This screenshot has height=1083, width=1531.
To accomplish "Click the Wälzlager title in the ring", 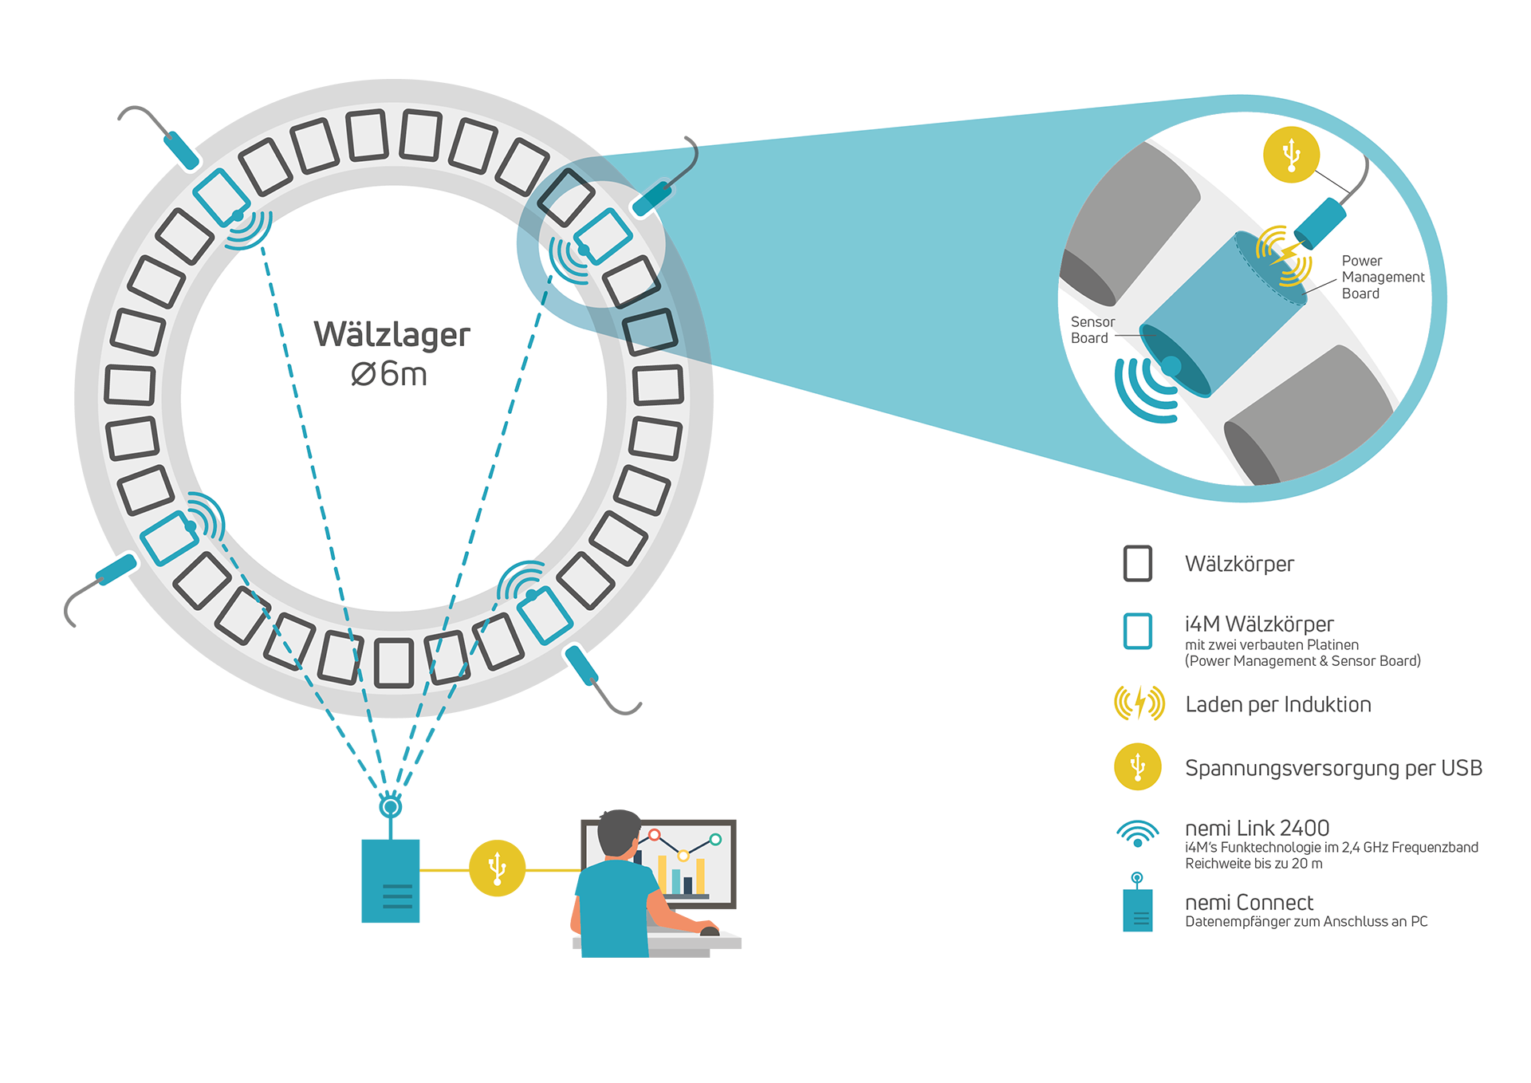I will coord(392,335).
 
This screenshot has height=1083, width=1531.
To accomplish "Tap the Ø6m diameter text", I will coord(389,374).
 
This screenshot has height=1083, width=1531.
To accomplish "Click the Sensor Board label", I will coord(1092,330).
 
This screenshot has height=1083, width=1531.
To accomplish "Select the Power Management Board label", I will coord(1382,277).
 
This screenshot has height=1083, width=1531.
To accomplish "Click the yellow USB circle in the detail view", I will coord(1291,155).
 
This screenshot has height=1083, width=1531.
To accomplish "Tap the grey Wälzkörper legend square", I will coord(1137,564).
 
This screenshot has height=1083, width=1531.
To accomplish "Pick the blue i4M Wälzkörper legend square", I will coord(1137,631).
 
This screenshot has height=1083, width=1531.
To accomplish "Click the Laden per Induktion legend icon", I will coord(1139,703).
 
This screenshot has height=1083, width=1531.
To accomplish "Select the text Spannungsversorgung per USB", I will coord(1333,768).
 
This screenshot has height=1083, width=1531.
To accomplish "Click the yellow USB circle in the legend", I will coord(1138,767).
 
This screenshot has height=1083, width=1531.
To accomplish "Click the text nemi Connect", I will coord(1249,903).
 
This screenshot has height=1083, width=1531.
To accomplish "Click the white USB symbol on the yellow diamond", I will coord(498,868).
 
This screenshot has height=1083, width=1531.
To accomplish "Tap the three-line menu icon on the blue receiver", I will coord(397,896).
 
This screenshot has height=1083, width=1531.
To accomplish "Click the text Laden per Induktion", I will coord(1277,704).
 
